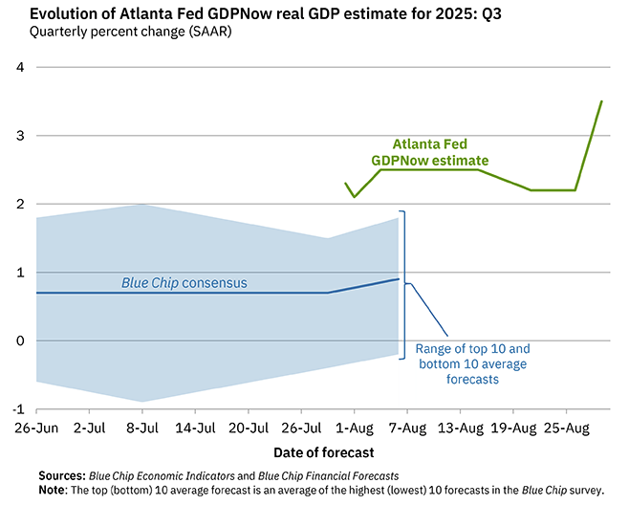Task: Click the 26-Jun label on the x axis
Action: click(35, 427)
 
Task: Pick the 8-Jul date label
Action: click(143, 427)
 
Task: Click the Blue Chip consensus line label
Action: click(184, 283)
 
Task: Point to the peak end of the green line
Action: click(601, 101)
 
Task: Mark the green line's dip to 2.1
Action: click(355, 197)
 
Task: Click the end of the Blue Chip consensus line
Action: click(399, 279)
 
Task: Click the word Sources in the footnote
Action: click(62, 475)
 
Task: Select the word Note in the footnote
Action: click(55, 490)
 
